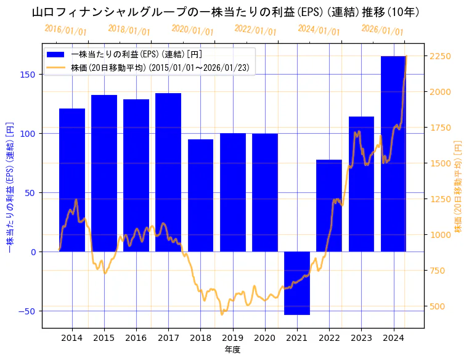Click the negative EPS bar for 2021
[x=297, y=283]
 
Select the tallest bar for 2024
[x=393, y=154]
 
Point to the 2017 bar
[x=168, y=172]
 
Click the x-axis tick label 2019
[x=232, y=337]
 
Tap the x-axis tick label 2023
[x=361, y=337]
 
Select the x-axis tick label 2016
[x=136, y=337]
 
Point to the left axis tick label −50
[x=28, y=311]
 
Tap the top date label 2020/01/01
[x=193, y=30]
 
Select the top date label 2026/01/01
[x=383, y=30]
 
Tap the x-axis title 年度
[x=232, y=350]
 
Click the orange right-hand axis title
[x=458, y=185]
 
